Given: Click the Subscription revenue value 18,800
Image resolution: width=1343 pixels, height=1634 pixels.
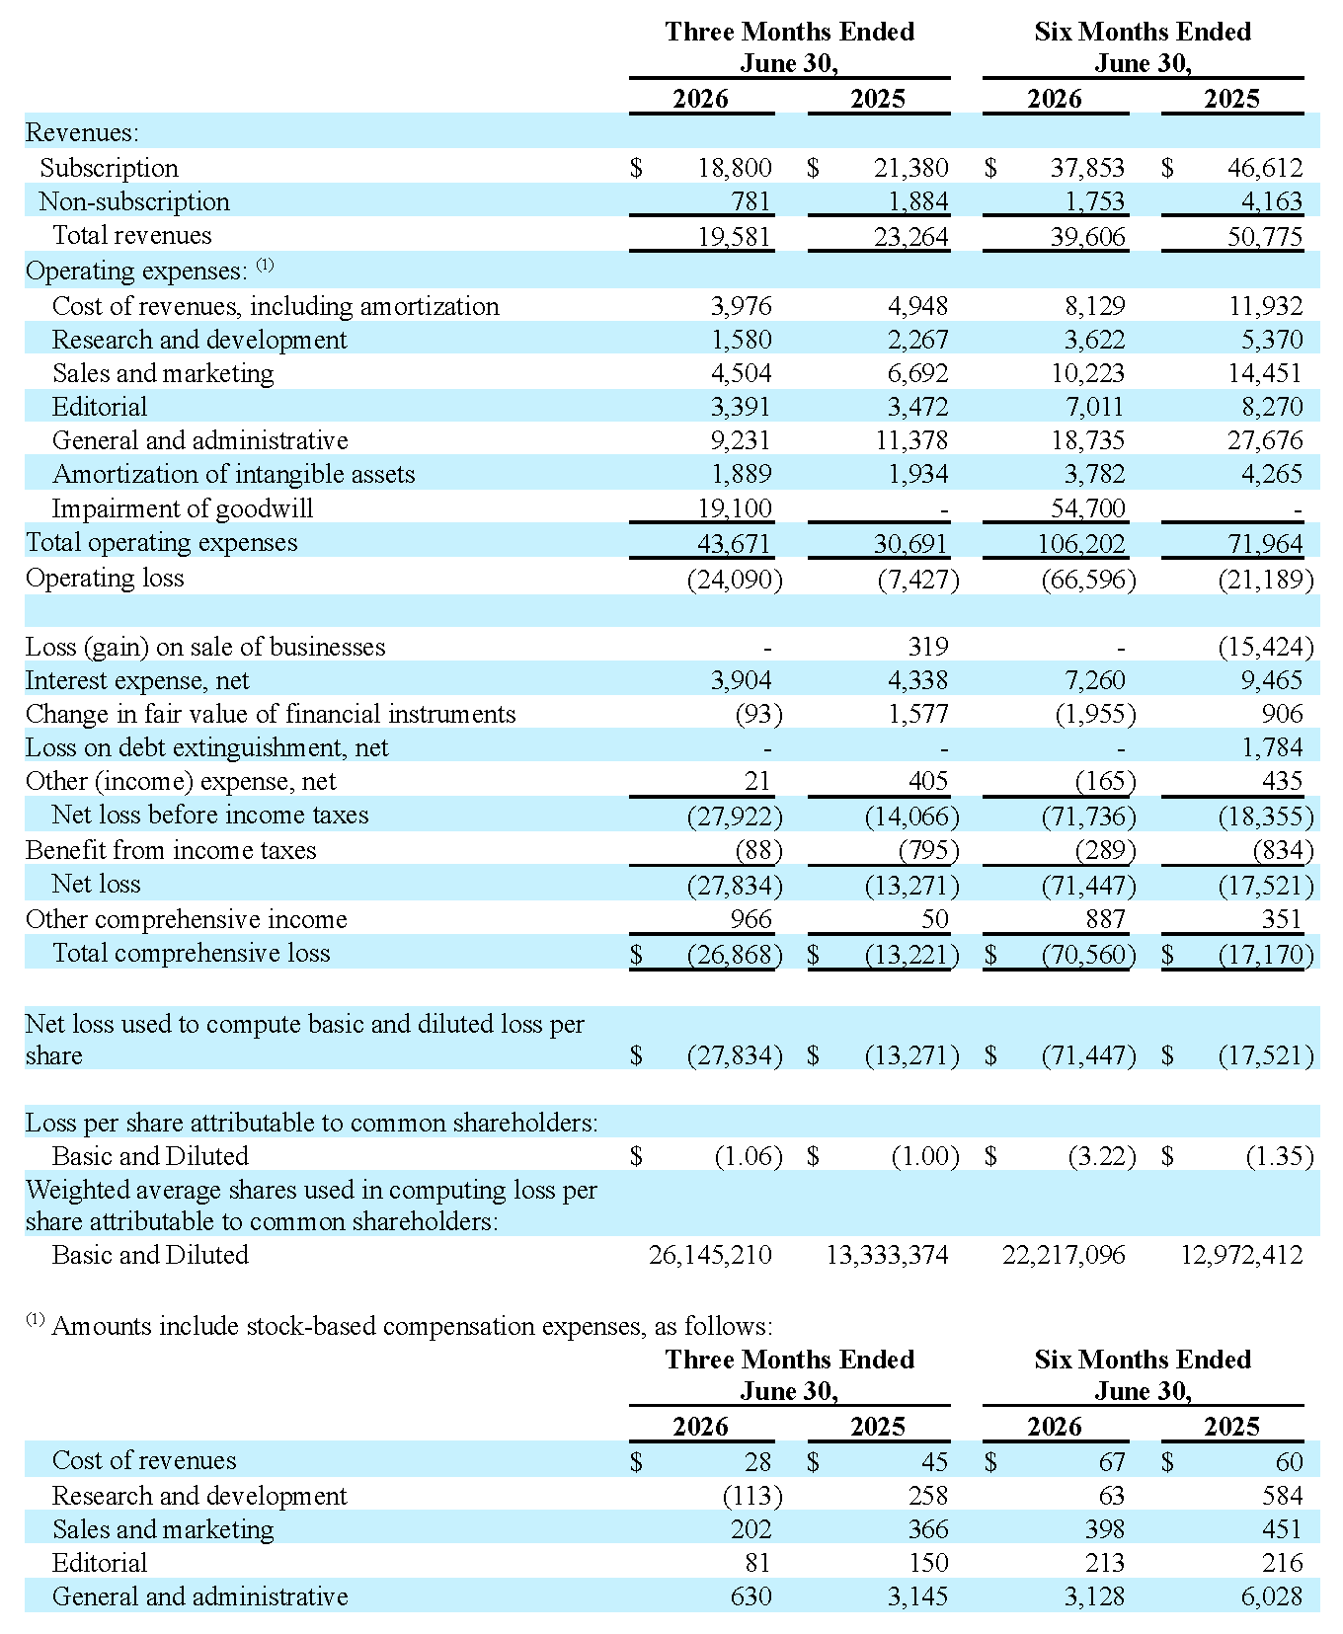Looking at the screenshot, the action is pyautogui.click(x=735, y=168).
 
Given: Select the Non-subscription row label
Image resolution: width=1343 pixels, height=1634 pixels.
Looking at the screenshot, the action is pyautogui.click(x=134, y=201).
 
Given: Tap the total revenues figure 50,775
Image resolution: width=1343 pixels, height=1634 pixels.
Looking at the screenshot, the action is pyautogui.click(x=1265, y=236).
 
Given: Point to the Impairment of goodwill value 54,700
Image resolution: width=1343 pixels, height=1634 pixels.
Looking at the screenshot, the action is pyautogui.click(x=1088, y=508).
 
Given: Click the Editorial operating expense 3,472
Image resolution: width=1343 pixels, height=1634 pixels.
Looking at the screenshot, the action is pyautogui.click(x=917, y=407).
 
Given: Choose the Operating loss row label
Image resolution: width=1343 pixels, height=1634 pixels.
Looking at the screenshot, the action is pyautogui.click(x=105, y=578).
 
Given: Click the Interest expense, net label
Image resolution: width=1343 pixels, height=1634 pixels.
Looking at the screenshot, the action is pyautogui.click(x=137, y=680).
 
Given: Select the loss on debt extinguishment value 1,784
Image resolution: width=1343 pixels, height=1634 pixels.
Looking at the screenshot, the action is pyautogui.click(x=1273, y=747).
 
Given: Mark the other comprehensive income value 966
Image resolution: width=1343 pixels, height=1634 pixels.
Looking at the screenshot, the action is pyautogui.click(x=750, y=919).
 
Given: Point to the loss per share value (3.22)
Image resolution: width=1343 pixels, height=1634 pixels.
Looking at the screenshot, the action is pyautogui.click(x=1102, y=1156).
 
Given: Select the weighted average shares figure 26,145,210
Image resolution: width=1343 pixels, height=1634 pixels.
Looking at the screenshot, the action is pyautogui.click(x=710, y=1255).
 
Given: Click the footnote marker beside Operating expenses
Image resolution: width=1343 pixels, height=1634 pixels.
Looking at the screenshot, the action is pyautogui.click(x=265, y=265).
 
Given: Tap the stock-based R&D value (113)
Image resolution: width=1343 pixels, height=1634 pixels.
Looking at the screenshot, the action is pyautogui.click(x=752, y=1496).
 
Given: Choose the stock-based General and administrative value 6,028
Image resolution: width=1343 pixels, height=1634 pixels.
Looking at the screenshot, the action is pyautogui.click(x=1273, y=1596).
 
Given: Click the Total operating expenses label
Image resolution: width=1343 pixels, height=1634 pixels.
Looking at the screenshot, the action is pyautogui.click(x=161, y=542).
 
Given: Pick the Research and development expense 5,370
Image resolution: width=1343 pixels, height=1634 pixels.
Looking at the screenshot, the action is pyautogui.click(x=1273, y=340).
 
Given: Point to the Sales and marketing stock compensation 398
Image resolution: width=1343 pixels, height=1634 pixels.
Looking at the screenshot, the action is pyautogui.click(x=1105, y=1529).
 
